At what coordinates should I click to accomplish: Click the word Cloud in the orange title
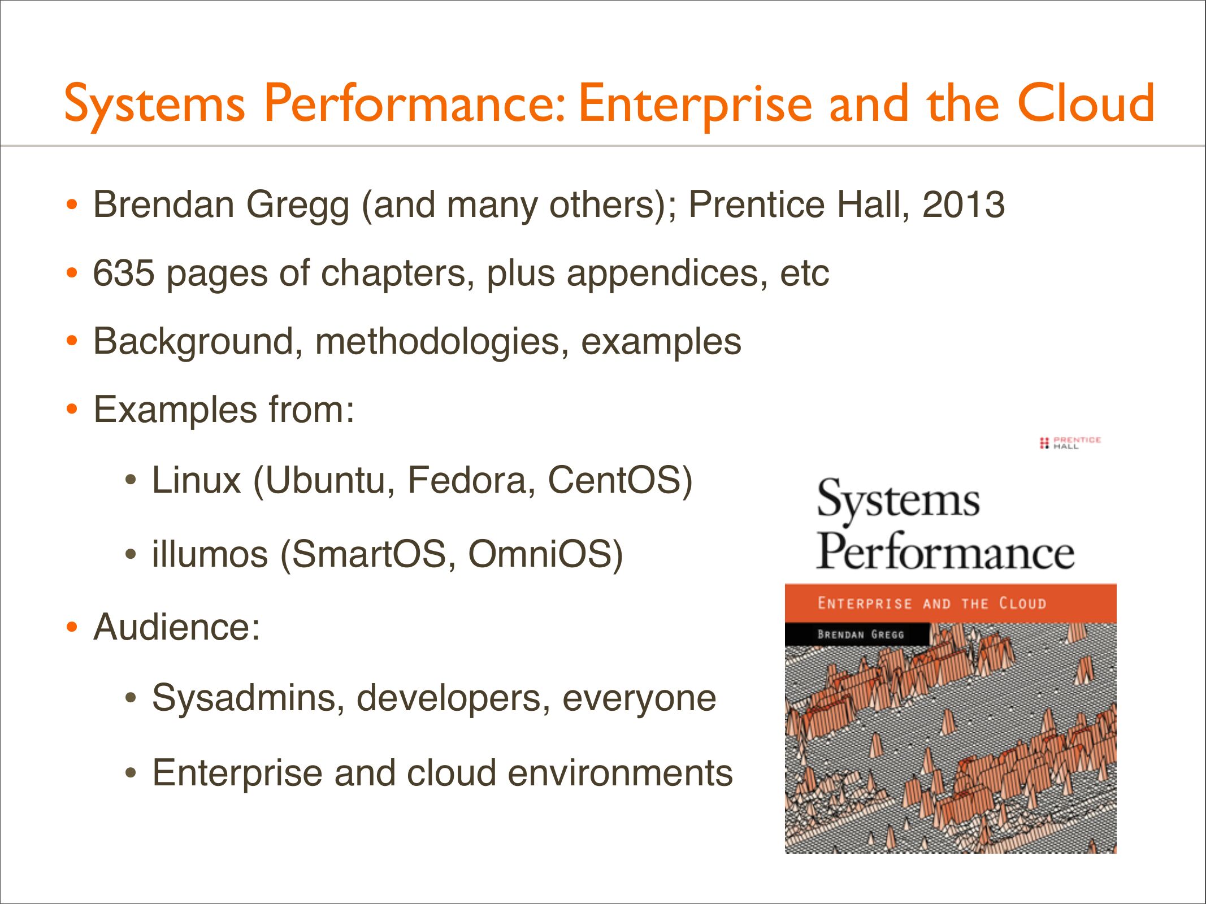(1085, 103)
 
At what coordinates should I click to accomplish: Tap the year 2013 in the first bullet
(964, 204)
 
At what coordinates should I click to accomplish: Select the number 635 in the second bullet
(124, 273)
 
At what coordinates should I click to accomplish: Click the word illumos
(210, 554)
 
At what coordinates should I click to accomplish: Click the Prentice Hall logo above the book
(1070, 442)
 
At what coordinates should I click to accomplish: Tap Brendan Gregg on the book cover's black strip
(861, 634)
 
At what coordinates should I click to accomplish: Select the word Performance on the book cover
(945, 550)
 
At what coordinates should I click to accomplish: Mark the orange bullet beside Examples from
(71, 409)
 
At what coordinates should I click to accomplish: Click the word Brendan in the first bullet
(164, 204)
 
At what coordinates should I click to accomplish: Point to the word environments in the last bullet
(620, 773)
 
